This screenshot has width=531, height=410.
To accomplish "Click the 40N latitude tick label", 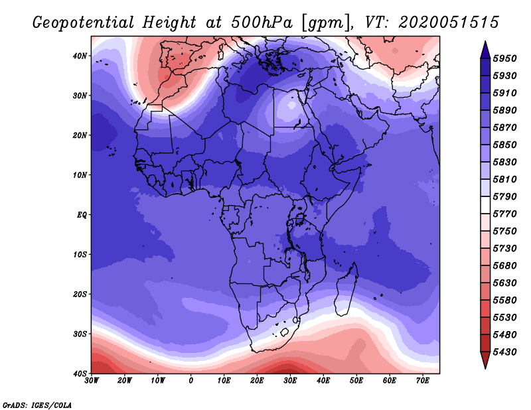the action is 80,56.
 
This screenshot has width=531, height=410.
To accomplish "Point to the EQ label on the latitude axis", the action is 82,215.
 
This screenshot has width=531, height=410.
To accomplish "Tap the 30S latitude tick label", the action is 80,334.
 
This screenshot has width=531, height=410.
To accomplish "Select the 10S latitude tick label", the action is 80,255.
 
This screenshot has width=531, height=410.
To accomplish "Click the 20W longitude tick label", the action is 125,381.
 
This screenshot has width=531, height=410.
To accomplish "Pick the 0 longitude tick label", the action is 191,381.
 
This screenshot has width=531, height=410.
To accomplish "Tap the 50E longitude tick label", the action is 356,381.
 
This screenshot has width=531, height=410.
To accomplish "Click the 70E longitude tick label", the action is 422,381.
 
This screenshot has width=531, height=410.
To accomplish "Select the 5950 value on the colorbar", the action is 505,58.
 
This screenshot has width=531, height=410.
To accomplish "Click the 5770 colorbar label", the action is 505,214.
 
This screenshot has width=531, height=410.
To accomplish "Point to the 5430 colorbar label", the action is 505,352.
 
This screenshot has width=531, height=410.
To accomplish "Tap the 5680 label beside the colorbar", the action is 505,266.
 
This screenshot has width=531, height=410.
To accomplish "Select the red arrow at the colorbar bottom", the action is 485,360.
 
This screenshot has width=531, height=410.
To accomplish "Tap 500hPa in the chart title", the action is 262,23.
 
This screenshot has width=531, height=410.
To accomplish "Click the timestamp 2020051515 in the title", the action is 449,23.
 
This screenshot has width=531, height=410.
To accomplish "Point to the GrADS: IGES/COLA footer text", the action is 37,405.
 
